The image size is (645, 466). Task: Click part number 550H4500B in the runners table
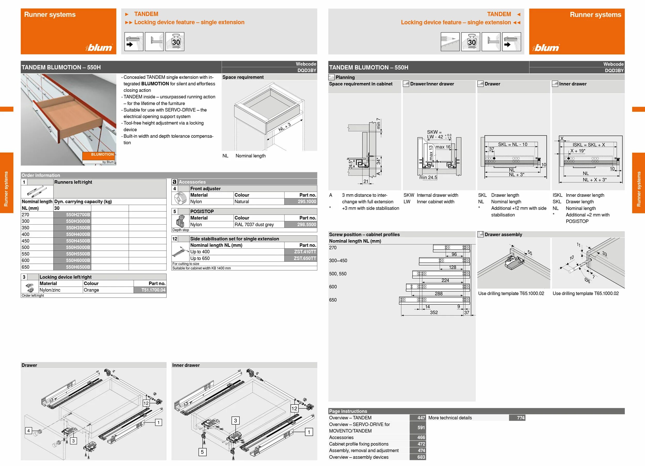[x=78, y=241]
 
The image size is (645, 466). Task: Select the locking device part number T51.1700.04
[x=153, y=290]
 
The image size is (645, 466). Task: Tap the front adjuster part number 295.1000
[x=307, y=202]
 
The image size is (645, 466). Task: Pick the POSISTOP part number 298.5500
[x=307, y=225]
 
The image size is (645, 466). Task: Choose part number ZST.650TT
[x=305, y=258]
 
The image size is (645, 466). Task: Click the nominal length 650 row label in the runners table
[x=26, y=267]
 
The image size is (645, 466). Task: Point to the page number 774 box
[x=520, y=418]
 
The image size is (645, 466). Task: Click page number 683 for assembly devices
[x=421, y=457]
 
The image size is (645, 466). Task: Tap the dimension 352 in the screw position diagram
[x=434, y=313]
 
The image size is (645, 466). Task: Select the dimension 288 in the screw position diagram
[x=439, y=294]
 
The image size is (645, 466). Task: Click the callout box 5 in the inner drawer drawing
[x=202, y=452]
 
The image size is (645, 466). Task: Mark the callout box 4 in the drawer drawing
[x=28, y=431]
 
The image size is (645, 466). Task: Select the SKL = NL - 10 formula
[x=512, y=144]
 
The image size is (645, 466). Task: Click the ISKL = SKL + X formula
[x=588, y=145]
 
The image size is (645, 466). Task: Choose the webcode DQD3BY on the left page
[x=307, y=70]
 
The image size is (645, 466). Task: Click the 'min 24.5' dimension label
[x=428, y=178]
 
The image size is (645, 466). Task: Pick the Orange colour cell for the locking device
[x=91, y=290]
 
